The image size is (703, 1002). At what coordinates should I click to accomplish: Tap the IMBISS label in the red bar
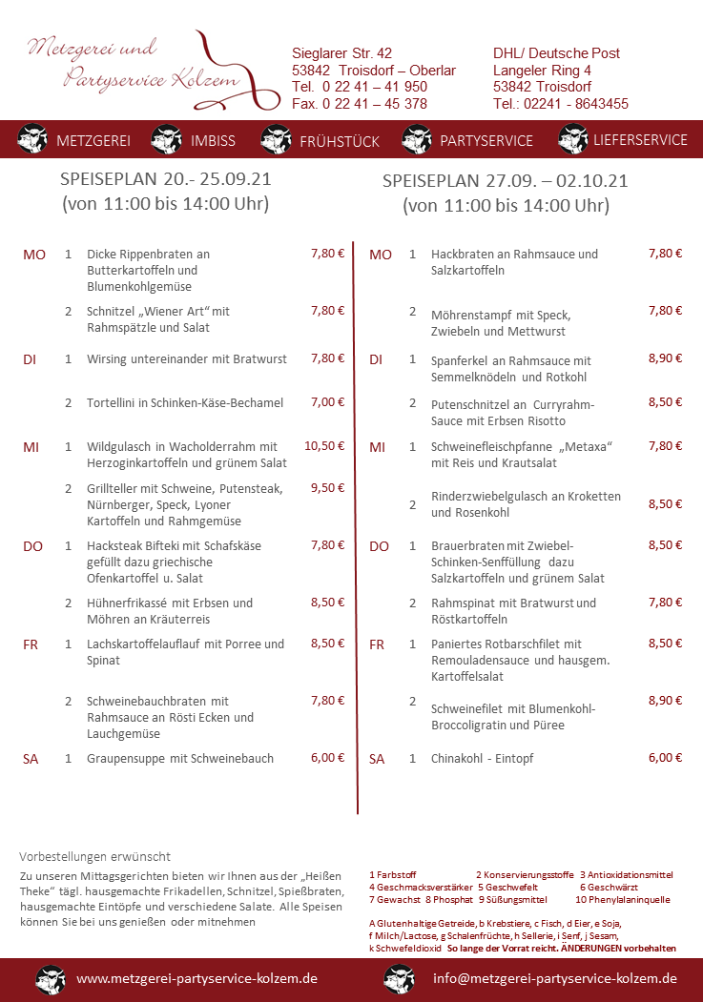[212, 140]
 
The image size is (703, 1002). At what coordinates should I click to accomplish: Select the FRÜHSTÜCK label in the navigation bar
[340, 141]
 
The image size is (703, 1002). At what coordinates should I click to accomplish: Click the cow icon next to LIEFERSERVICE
[573, 139]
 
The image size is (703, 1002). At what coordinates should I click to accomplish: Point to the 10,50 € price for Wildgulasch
[323, 446]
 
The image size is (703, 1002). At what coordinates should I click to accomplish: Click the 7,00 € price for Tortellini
[327, 402]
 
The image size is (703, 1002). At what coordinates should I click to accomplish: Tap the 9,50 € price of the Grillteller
[327, 487]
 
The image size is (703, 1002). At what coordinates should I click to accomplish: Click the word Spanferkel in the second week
[461, 361]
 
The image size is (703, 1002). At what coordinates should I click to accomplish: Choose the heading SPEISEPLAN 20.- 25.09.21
[164, 178]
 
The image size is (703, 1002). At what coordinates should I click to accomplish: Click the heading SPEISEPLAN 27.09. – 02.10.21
[506, 180]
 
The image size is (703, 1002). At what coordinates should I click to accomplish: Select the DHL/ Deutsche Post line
[556, 53]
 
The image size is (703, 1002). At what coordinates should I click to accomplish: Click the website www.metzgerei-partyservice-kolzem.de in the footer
[196, 978]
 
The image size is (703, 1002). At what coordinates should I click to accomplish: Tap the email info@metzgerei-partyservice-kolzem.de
[554, 978]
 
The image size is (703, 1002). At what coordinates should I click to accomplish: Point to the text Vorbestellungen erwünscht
[94, 856]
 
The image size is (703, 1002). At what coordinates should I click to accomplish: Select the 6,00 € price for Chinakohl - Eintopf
[665, 758]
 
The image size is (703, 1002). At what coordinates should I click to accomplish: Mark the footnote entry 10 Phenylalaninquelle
[622, 899]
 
